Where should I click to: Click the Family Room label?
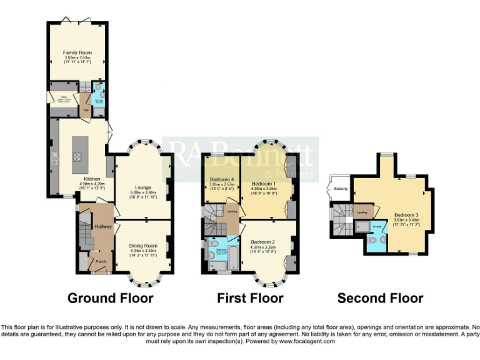pyautogui.click(x=77, y=52)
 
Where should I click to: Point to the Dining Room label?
pyautogui.click(x=143, y=246)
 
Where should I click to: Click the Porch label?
pyautogui.click(x=97, y=253)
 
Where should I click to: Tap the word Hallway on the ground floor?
pyautogui.click(x=102, y=226)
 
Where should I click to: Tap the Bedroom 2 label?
pyautogui.click(x=262, y=241)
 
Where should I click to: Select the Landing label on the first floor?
pyautogui.click(x=232, y=211)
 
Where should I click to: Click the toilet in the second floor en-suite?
pyautogui.click(x=372, y=239)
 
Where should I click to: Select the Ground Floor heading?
pyautogui.click(x=110, y=298)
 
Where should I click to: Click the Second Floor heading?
pyautogui.click(x=380, y=298)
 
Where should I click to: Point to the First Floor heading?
pyautogui.click(x=250, y=298)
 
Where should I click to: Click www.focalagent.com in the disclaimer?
pyautogui.click(x=306, y=341)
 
